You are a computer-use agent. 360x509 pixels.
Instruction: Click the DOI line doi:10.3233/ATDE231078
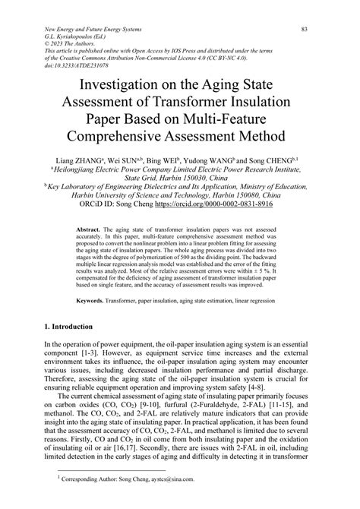coord(85,67)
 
